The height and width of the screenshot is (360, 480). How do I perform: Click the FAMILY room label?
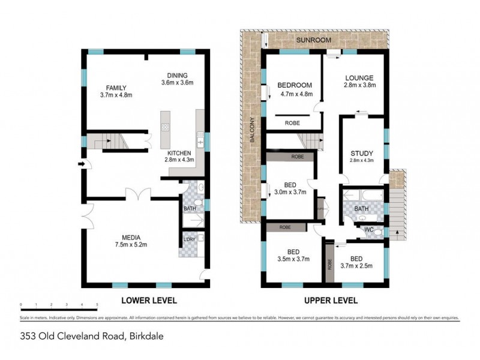pyautogui.click(x=116, y=88)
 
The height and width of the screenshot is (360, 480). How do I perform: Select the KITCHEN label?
pyautogui.click(x=180, y=152)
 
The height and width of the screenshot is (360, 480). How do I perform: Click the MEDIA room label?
pyautogui.click(x=131, y=236)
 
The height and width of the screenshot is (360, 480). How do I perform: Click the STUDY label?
pyautogui.click(x=361, y=153)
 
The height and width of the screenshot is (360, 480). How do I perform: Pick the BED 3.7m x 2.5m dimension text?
pyautogui.click(x=357, y=266)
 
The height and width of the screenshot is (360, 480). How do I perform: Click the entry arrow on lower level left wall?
pyautogui.click(x=80, y=163)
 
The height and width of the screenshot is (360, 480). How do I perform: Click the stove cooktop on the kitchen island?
pyautogui.click(x=165, y=127)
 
